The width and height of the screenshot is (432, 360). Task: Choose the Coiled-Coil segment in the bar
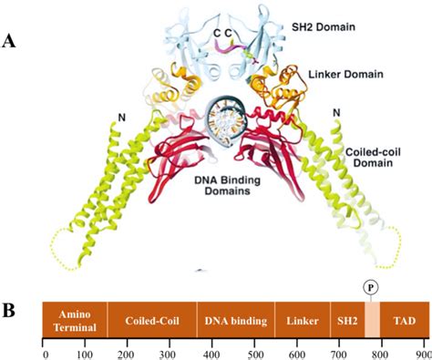point(150,321)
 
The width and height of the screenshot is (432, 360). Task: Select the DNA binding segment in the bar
point(236,321)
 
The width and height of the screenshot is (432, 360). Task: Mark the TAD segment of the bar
point(403,321)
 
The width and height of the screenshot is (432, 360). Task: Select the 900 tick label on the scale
point(421,352)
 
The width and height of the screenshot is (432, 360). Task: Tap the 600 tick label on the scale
point(296,352)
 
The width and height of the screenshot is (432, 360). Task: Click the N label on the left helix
point(119,118)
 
